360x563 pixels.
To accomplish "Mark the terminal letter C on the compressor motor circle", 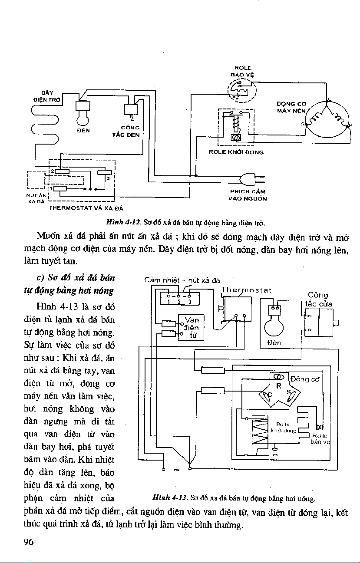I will pyautogui.click(x=330, y=99).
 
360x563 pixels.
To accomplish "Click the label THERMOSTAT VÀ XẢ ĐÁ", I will pyautogui.click(x=86, y=208).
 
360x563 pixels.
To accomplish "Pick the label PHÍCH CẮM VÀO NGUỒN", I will pyautogui.click(x=248, y=195).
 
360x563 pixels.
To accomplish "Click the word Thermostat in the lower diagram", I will pyautogui.click(x=246, y=290).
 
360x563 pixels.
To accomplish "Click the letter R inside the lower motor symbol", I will pyautogui.click(x=279, y=385).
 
